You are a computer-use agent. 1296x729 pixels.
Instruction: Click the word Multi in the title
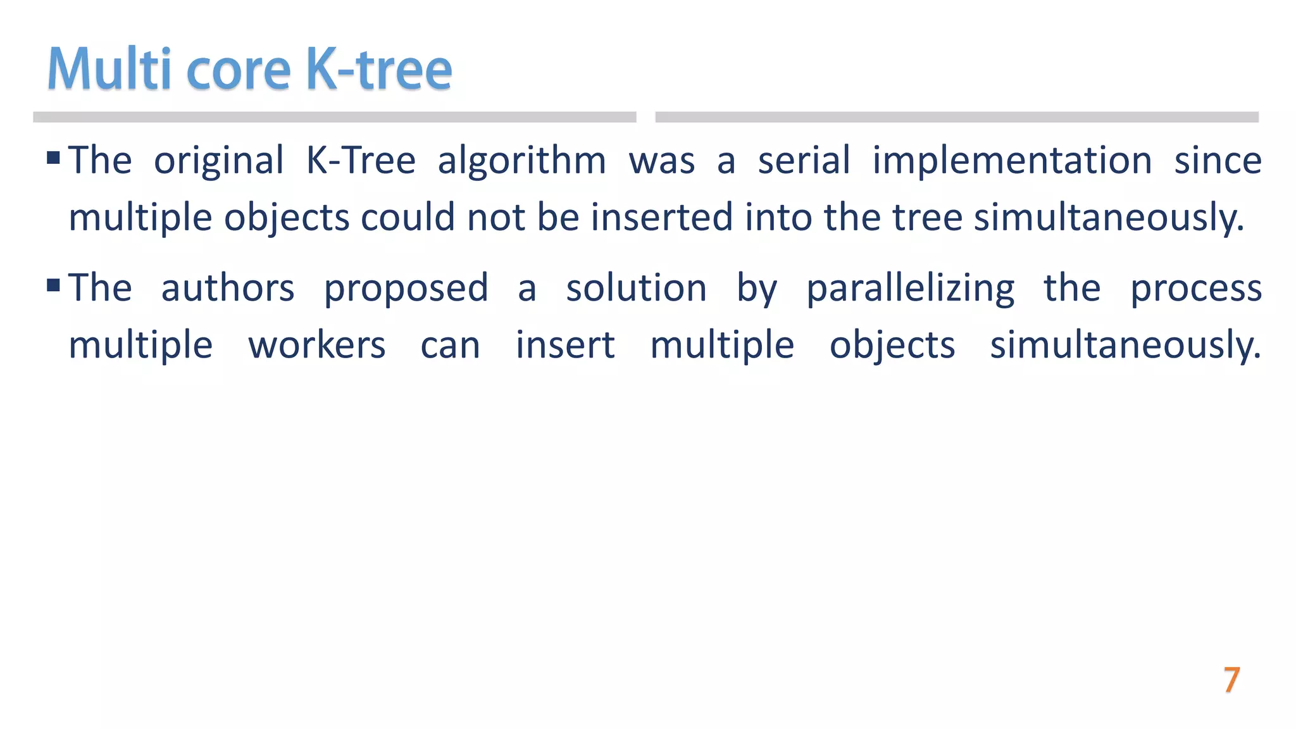[109, 69]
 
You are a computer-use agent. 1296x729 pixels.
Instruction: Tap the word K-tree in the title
[378, 69]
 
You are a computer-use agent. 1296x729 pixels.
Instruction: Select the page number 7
[1231, 680]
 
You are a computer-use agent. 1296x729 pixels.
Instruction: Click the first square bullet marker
[54, 157]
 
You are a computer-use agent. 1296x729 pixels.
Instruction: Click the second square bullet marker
[54, 285]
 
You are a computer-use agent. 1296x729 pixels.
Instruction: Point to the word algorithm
[521, 161]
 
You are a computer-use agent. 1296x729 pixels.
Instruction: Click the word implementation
[1012, 161]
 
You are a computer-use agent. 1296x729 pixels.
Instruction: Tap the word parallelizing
[910, 289]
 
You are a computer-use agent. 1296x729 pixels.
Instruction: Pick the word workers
[316, 346]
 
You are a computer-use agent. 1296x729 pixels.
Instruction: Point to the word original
[219, 161]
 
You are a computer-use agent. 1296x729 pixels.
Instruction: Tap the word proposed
[406, 289]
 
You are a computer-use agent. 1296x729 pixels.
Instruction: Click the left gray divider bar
[334, 117]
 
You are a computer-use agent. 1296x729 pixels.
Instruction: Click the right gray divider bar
[956, 117]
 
